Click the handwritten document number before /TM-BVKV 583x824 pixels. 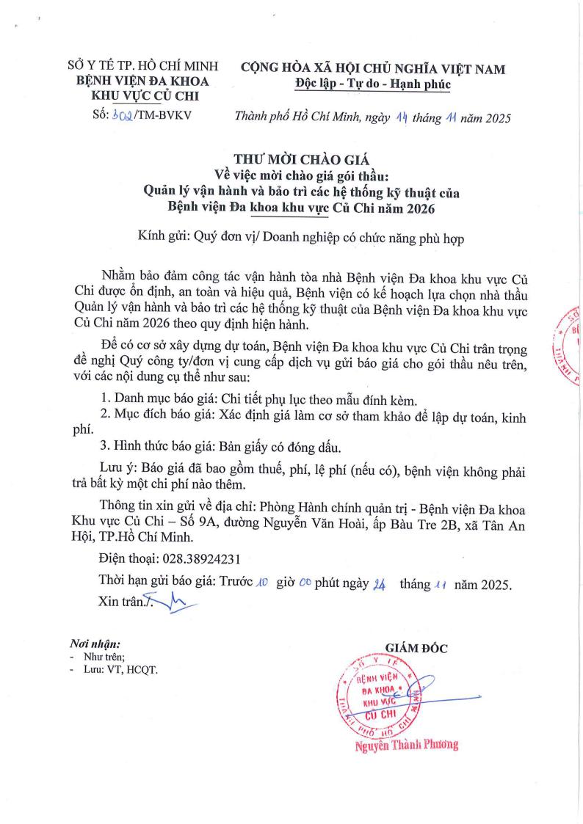click(x=119, y=117)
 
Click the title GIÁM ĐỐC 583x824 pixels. click(x=416, y=647)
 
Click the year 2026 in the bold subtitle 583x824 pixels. click(x=417, y=209)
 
